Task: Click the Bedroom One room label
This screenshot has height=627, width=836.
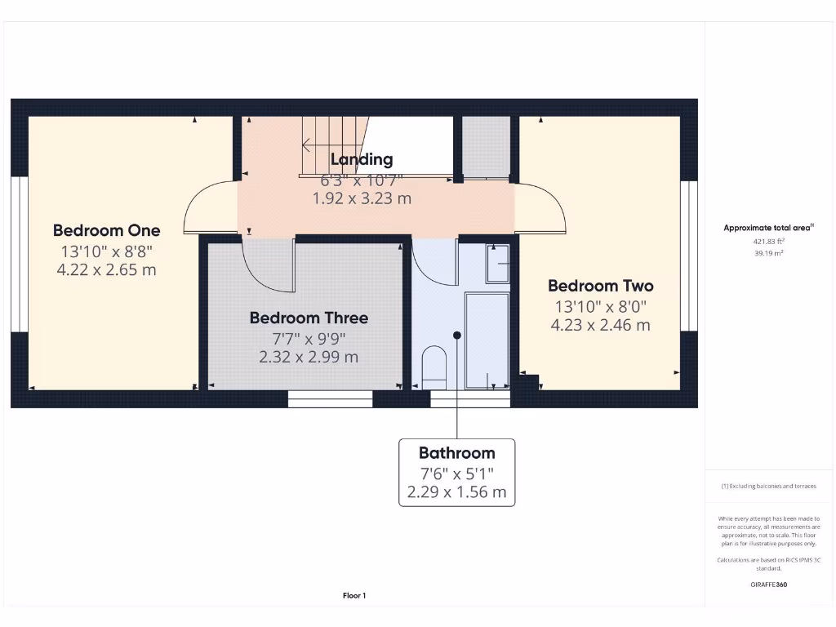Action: click(106, 230)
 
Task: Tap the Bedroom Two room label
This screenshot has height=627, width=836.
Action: click(600, 286)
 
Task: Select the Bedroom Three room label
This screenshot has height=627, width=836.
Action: click(309, 318)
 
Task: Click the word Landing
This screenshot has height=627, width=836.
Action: click(361, 159)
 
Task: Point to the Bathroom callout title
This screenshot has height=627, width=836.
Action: click(456, 452)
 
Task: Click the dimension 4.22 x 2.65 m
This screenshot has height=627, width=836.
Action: click(106, 269)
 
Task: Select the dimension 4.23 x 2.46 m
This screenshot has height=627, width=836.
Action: click(600, 325)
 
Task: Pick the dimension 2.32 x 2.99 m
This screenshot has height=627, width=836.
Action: click(309, 357)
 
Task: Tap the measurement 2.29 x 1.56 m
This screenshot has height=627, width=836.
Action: click(456, 492)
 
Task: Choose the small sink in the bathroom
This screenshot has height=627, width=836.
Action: click(497, 263)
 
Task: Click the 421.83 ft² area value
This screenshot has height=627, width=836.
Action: click(767, 242)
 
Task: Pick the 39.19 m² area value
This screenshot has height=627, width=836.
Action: click(767, 253)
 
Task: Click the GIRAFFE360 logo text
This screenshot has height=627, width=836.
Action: click(767, 585)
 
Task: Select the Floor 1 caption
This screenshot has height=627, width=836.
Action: click(354, 596)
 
